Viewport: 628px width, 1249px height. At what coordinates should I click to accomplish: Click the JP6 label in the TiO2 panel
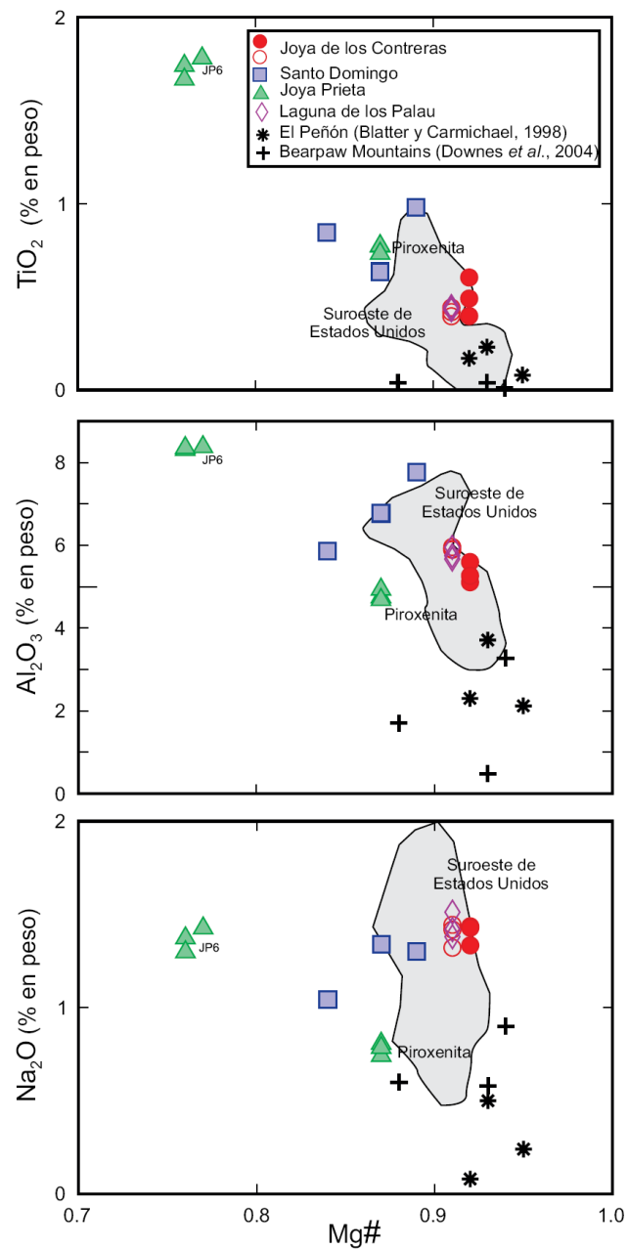coord(211,69)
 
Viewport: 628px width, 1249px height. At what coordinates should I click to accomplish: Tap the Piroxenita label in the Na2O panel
coord(434,1053)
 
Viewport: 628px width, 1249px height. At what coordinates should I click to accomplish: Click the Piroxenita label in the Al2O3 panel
coord(421,615)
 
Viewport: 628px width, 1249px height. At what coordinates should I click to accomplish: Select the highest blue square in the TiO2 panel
coord(416,207)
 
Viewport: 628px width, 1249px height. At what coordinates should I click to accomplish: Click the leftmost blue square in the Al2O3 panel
coord(328,551)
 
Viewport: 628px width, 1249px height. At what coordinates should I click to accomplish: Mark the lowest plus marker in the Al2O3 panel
coord(487,773)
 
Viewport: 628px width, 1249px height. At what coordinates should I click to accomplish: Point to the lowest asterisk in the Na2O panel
coord(470,1179)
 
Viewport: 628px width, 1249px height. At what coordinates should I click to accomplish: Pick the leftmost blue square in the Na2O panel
coord(328,999)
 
